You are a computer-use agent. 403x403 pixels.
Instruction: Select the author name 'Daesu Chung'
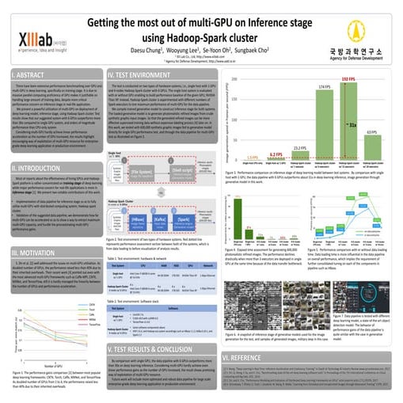click(x=146, y=51)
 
